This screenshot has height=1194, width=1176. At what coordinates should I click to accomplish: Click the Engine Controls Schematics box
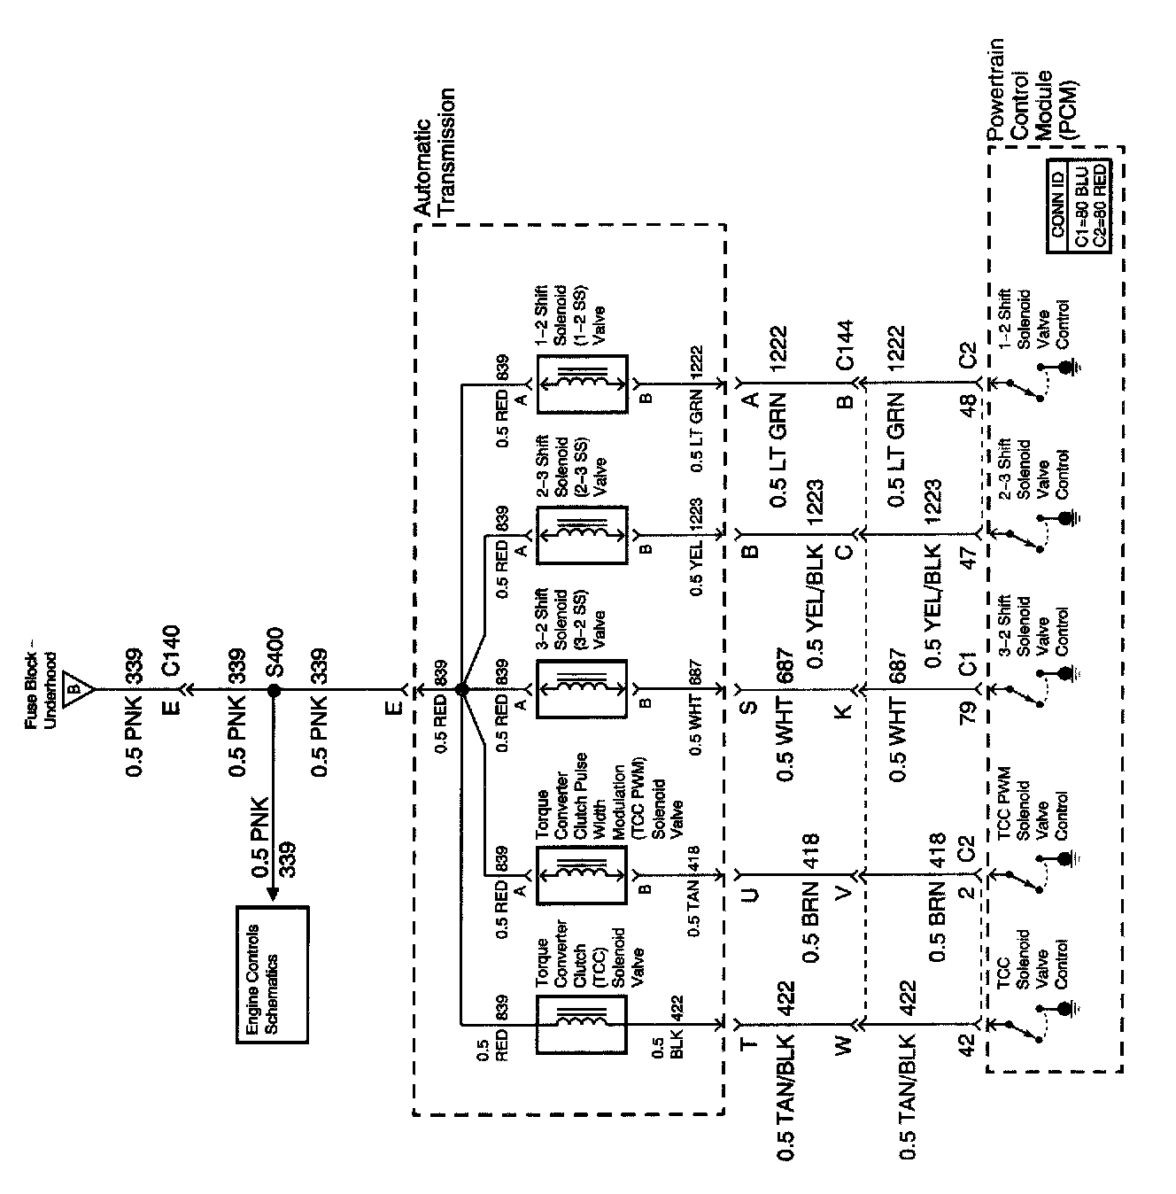click(273, 974)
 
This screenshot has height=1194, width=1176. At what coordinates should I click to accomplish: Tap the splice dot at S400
click(273, 689)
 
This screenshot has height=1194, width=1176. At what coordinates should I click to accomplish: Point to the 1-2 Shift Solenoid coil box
click(582, 384)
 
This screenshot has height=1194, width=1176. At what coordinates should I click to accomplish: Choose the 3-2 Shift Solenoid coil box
click(582, 689)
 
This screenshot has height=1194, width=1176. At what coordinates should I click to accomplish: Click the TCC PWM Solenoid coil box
click(582, 872)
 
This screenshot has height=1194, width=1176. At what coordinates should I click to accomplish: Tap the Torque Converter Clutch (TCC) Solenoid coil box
click(582, 1024)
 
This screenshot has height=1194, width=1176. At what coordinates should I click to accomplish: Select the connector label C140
click(171, 651)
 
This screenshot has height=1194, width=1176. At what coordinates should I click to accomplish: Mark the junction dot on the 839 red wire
click(461, 689)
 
